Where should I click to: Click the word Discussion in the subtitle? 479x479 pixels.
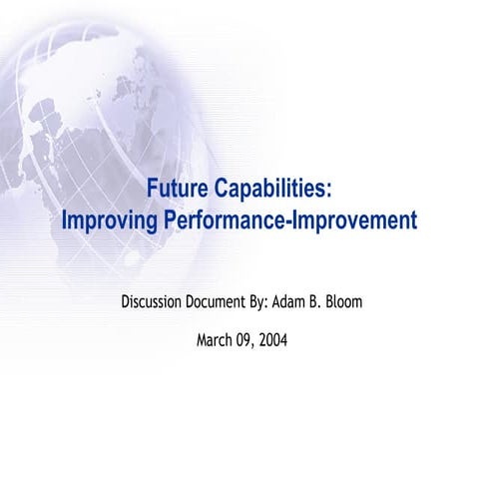coord(160,300)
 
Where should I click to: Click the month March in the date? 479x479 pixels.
coord(215,340)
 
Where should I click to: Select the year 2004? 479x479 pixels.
coord(273,340)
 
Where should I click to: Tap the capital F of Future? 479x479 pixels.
coord(153,190)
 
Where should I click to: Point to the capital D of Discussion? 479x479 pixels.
coord(125,300)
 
